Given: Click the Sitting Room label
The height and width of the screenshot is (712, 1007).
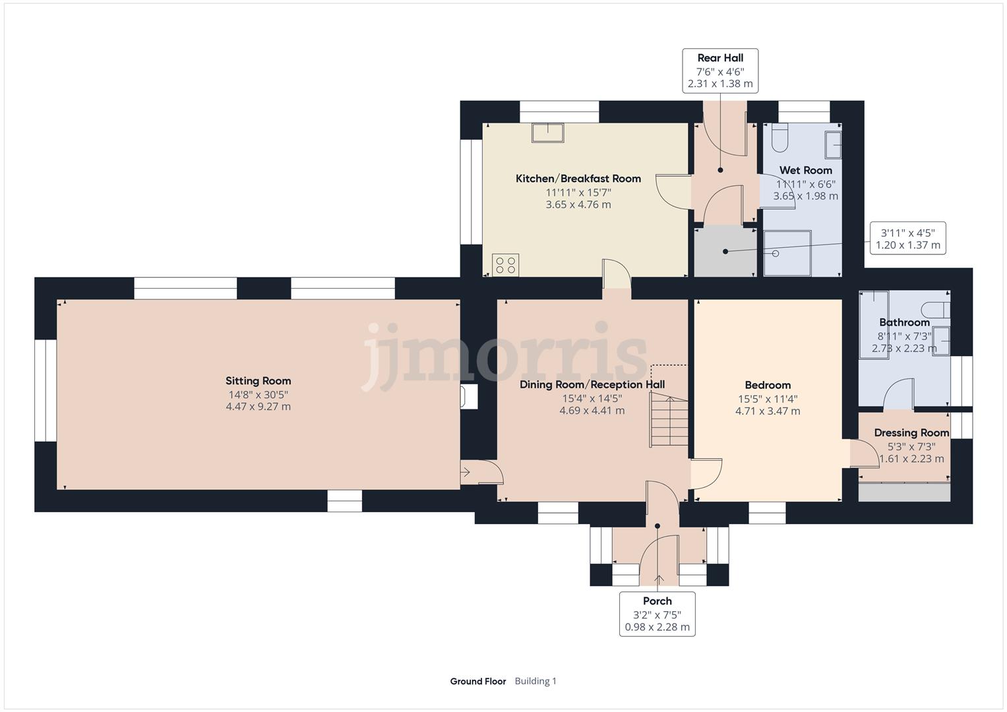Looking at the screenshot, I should [258, 380].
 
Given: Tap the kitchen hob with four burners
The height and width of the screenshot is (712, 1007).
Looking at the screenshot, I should [506, 265].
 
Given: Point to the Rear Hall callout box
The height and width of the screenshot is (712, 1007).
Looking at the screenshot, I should [720, 71].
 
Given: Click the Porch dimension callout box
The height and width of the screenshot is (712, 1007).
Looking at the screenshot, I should [657, 614].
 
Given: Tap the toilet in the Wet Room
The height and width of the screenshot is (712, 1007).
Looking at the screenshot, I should [779, 138].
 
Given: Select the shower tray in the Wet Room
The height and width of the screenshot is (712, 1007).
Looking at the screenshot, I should [787, 252].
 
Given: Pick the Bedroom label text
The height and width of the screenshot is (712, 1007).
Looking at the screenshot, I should [768, 385].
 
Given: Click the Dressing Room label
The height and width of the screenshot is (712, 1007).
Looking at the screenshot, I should [911, 433].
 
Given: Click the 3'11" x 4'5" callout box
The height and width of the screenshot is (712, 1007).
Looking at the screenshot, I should [908, 238].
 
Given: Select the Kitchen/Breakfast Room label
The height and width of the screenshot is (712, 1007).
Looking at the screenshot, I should [578, 179].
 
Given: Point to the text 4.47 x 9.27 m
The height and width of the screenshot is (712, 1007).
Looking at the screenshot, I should [258, 407].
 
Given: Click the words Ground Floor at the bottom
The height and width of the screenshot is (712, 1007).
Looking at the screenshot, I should [477, 681].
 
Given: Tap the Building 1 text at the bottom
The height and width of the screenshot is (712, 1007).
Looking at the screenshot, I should [535, 681].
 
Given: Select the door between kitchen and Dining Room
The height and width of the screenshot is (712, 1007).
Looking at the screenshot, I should [617, 274].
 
